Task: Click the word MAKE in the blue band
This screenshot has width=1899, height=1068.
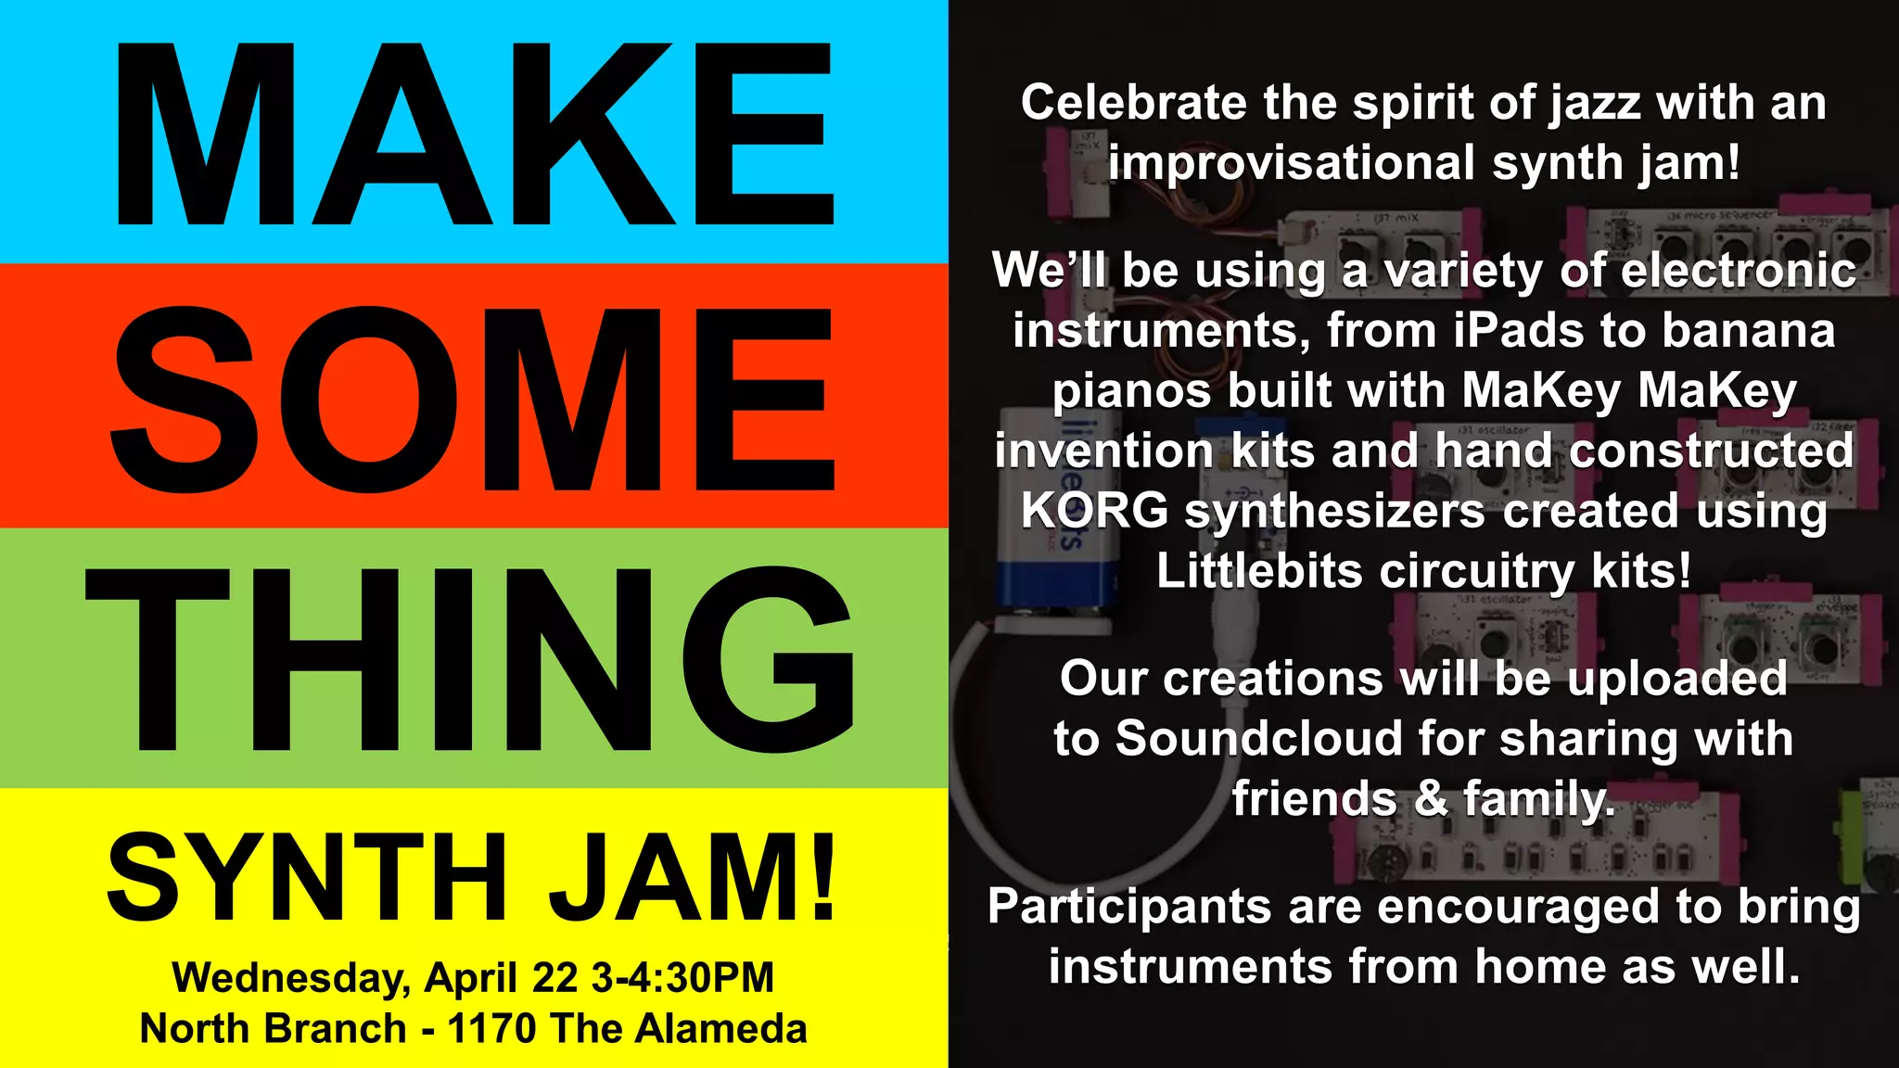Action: point(474,134)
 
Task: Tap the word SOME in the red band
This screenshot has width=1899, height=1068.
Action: point(474,399)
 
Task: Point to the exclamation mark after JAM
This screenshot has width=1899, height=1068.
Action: point(822,876)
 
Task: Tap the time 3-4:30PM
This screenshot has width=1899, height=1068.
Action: point(682,978)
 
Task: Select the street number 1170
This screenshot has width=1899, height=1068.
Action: point(491,1029)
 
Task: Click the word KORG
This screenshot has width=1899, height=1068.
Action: point(1094,511)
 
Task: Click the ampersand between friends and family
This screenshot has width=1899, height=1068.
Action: point(1431,799)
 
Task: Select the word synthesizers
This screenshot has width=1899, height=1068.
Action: point(1335,511)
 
